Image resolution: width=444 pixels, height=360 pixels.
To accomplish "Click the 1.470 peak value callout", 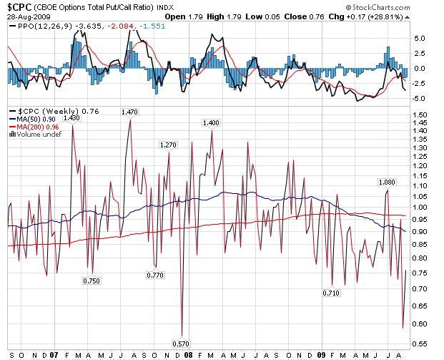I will click(130, 112).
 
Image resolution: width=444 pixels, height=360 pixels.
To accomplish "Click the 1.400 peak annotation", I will click(211, 123).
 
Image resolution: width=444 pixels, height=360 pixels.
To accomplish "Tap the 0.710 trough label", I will click(331, 293).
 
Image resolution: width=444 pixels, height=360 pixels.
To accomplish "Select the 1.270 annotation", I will click(168, 145).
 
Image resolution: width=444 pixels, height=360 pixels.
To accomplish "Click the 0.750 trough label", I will click(92, 281).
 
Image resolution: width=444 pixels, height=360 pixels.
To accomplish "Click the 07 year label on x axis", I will click(55, 354).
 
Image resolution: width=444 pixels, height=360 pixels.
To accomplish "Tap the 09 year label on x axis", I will click(321, 354).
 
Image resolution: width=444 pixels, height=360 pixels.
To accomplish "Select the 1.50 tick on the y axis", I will click(420, 115).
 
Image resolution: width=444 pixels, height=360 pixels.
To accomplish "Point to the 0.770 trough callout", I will click(154, 275).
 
